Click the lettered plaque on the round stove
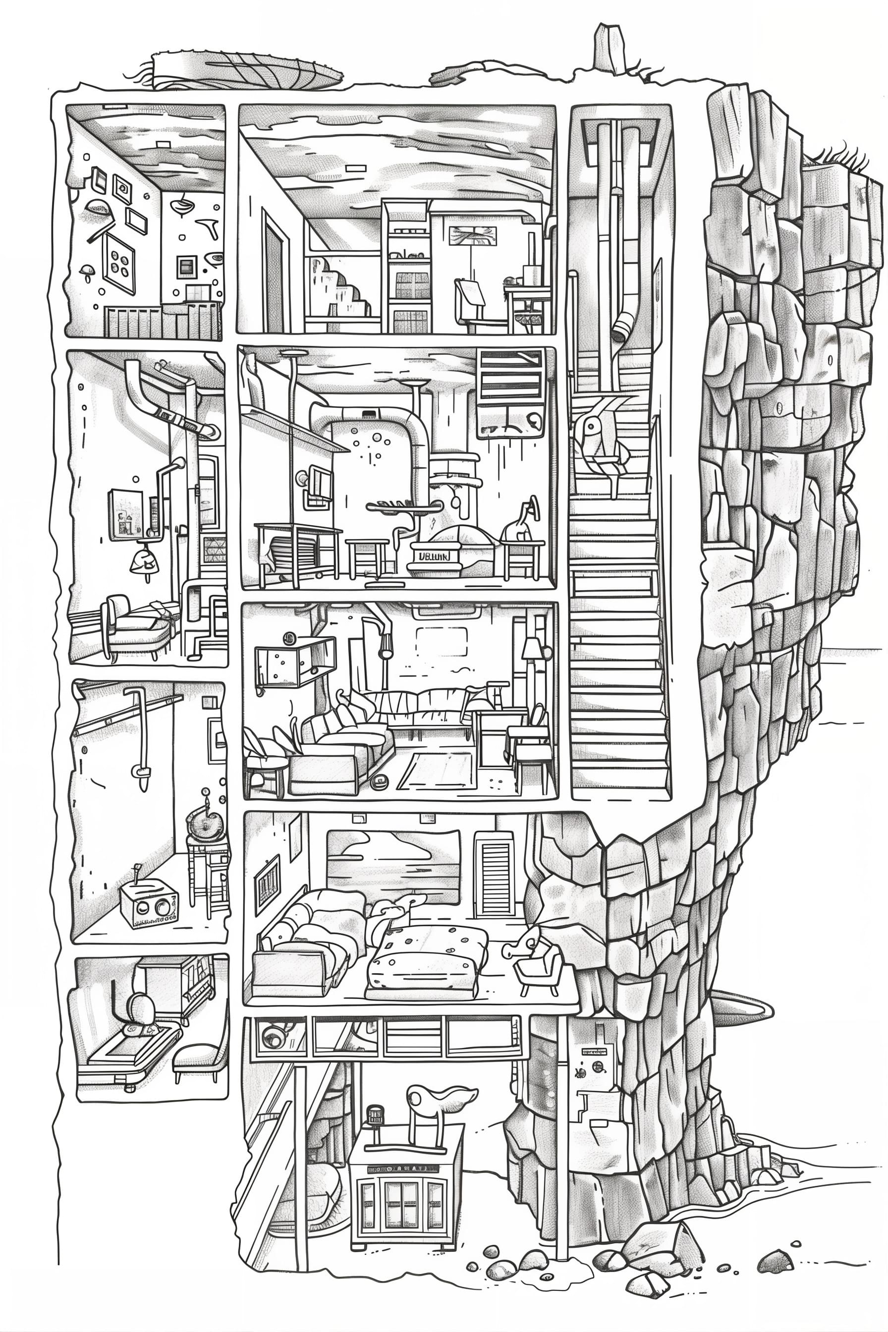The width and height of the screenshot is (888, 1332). [434, 555]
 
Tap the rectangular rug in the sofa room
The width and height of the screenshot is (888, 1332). [436, 770]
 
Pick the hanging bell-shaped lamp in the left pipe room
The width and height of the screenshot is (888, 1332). [142, 560]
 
